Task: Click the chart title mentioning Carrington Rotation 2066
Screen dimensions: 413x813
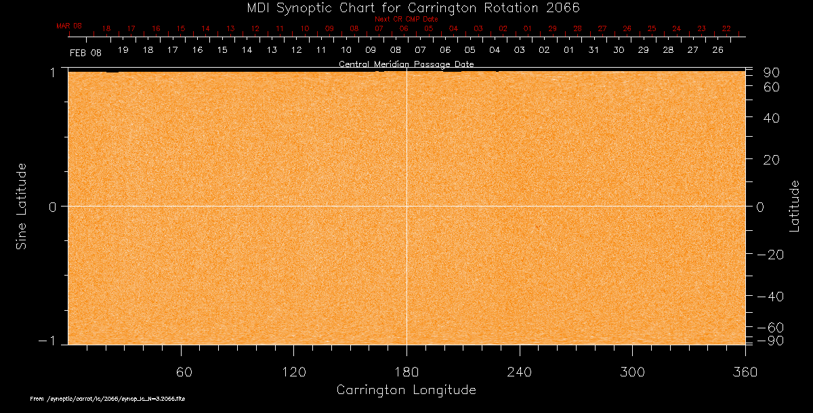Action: (406, 7)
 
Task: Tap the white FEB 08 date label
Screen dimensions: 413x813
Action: (85, 52)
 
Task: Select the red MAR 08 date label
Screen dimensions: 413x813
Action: (68, 25)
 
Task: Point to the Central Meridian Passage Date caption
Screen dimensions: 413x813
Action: (406, 64)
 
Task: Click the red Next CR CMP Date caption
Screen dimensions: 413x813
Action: (406, 19)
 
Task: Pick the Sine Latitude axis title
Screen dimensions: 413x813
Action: (22, 206)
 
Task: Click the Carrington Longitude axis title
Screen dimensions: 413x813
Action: (406, 390)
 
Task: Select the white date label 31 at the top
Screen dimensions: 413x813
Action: (594, 50)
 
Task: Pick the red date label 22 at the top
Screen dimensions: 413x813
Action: (726, 28)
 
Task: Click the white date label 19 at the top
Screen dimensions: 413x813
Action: (123, 50)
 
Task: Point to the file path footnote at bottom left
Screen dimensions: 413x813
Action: (108, 399)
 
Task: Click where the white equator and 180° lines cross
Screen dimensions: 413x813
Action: (406, 206)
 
